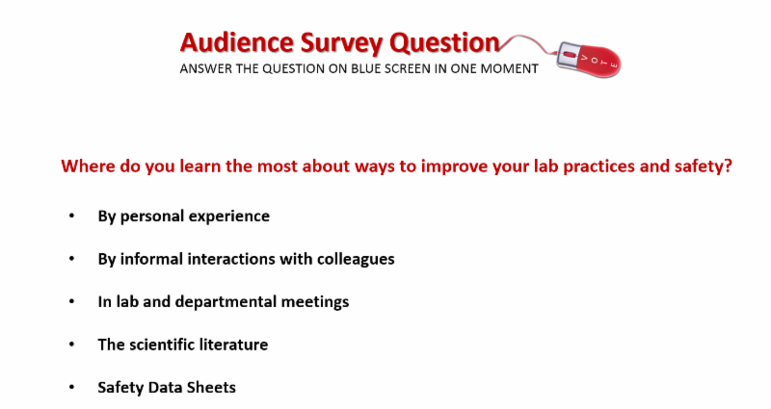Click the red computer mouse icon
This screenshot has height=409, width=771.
(589, 60)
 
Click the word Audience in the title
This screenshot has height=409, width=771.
(237, 42)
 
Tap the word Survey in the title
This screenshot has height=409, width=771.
(341, 43)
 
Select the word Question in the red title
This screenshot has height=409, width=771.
(444, 42)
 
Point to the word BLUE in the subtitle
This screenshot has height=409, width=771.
(366, 68)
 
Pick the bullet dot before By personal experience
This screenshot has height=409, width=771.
(71, 216)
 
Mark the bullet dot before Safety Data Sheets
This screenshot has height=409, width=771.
(71, 387)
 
